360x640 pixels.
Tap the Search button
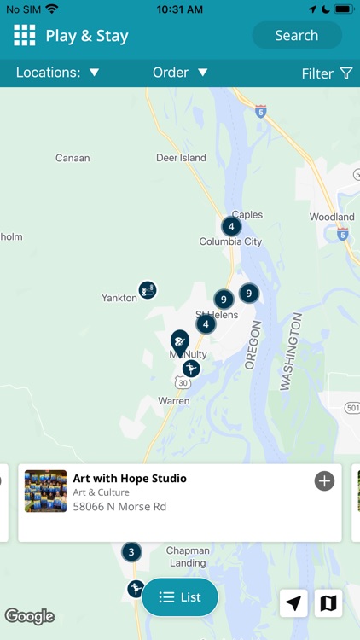[296, 36]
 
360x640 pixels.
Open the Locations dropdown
[58, 73]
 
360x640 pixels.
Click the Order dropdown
[180, 73]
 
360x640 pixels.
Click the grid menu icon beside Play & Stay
[25, 35]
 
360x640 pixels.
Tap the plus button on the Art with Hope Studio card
[324, 481]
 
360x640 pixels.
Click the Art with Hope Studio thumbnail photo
[45, 491]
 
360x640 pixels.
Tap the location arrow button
[293, 603]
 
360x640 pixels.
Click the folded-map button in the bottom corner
[328, 603]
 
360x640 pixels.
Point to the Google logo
[30, 616]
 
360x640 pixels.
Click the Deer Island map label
[181, 158]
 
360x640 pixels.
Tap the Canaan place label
[73, 158]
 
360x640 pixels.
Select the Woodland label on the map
[332, 217]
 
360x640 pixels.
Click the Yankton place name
[119, 298]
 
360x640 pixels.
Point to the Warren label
[174, 400]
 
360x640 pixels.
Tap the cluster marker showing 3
[131, 551]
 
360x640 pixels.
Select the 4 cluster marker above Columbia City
[230, 226]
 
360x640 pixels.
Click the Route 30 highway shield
[183, 383]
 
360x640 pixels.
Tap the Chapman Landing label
[188, 556]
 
